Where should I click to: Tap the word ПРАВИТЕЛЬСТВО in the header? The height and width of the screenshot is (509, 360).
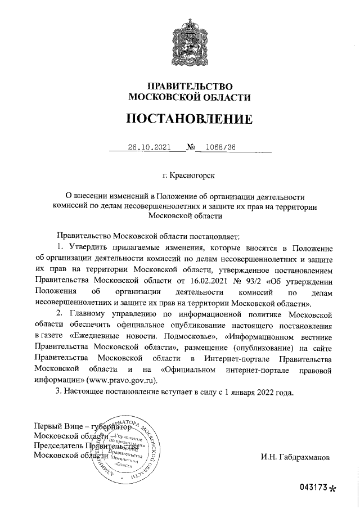190,86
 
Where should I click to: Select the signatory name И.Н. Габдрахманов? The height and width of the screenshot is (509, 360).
296,457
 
